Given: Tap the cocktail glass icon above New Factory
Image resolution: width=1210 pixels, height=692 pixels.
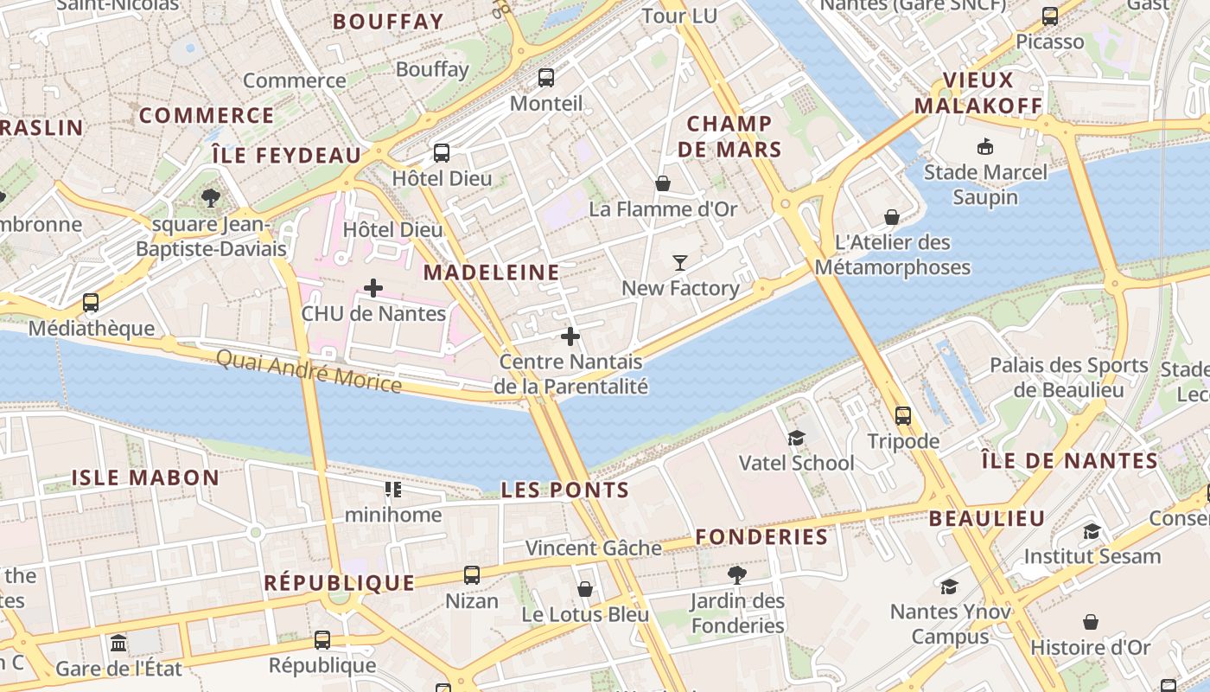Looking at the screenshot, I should pos(680,262).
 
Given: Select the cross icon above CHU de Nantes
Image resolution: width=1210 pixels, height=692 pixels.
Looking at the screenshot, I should pos(373,287).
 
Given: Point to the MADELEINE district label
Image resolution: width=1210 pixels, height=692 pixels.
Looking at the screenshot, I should pos(492,272).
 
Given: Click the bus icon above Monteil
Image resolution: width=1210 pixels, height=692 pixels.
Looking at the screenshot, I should pos(546,78).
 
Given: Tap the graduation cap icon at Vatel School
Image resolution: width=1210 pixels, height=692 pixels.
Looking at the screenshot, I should pos(796,439).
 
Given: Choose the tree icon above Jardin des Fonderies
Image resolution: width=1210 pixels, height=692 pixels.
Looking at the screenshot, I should pos(737,574).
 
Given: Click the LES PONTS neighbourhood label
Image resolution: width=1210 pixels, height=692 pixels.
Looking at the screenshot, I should pos(565,490).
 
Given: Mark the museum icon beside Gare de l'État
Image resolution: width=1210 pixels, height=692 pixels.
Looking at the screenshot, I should pos(118,644).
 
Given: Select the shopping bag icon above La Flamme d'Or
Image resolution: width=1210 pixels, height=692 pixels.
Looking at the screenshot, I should pos(663,183).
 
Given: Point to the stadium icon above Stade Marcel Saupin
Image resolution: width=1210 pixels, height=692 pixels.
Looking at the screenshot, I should pos(984,146).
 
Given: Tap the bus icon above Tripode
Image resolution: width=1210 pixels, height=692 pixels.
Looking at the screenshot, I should pos(903,416).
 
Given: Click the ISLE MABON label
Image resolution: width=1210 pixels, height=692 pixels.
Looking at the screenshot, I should pos(145,477).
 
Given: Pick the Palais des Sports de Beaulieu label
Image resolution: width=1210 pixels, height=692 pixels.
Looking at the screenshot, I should pos(1069,377).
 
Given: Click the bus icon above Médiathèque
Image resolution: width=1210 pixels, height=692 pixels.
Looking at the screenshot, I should pos(91,303).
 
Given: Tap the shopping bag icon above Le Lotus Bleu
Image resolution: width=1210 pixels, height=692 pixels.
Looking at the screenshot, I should pos(585,589).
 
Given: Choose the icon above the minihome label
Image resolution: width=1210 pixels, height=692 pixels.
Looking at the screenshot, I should pos(393,490).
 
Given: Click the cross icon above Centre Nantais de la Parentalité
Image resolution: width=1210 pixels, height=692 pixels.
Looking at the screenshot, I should pos(570,336).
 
